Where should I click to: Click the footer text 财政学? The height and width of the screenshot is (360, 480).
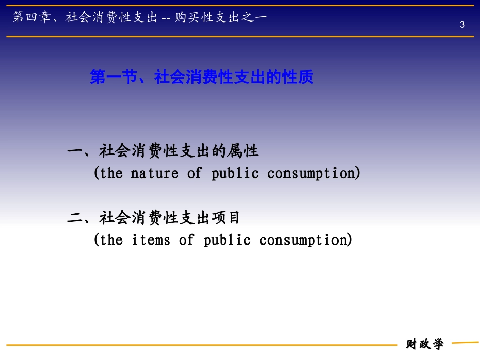pos(424,344)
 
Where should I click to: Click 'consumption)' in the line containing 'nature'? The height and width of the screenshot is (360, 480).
pos(314,173)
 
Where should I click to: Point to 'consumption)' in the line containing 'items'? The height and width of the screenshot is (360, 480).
pos(306,240)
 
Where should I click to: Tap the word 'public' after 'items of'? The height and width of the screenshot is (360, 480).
pos(227,240)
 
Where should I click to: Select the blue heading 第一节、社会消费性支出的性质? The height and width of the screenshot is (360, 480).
pos(202,77)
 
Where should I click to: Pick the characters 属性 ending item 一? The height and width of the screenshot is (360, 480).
pos(245,150)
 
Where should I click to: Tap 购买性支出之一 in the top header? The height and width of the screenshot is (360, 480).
pos(221,18)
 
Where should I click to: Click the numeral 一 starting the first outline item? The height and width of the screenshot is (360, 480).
pos(75,150)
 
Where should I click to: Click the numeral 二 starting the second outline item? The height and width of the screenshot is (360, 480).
pos(75,218)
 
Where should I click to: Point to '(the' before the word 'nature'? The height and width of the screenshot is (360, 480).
pos(108,173)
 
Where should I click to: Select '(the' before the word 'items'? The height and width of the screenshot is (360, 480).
pos(108,240)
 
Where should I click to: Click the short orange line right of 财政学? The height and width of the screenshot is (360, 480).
pos(464,343)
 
